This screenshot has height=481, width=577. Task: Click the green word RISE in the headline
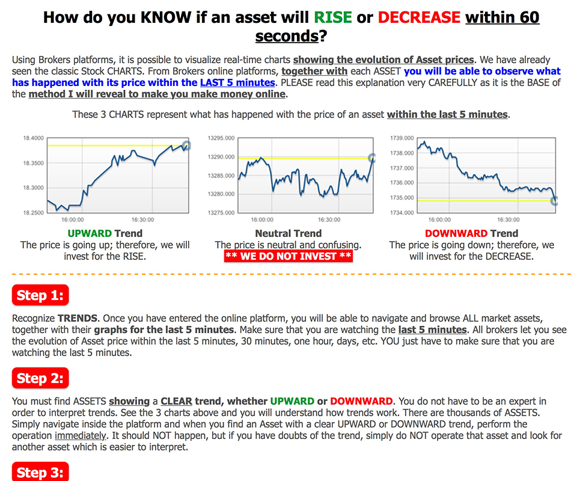pyautogui.click(x=332, y=17)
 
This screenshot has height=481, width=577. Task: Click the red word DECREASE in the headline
pyautogui.click(x=419, y=17)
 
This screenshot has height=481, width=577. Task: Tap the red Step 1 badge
pyautogui.click(x=40, y=295)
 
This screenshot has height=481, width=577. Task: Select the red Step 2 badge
pyautogui.click(x=40, y=378)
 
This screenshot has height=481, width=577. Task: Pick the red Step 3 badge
pyautogui.click(x=40, y=472)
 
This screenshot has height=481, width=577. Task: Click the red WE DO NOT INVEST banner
pyautogui.click(x=288, y=256)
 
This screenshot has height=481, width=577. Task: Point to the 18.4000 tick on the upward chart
pyautogui.click(x=34, y=138)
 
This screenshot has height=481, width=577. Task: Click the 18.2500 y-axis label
pyautogui.click(x=34, y=213)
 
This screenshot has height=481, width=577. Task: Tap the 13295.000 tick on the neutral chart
pyautogui.click(x=221, y=138)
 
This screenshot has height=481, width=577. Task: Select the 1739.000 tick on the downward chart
pyautogui.click(x=402, y=138)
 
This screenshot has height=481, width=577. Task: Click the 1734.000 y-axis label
pyautogui.click(x=402, y=213)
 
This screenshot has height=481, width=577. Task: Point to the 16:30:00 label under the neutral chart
pyautogui.click(x=329, y=219)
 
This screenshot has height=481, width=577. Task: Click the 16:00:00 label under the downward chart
pyautogui.click(x=439, y=219)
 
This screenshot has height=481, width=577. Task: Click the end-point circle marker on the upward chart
pyautogui.click(x=186, y=146)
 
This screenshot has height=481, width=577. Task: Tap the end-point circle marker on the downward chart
pyautogui.click(x=555, y=201)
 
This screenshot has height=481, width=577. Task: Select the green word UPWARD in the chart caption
pyautogui.click(x=90, y=233)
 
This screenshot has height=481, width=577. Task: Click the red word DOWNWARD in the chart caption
pyautogui.click(x=456, y=233)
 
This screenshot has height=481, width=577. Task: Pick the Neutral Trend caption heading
pyautogui.click(x=288, y=233)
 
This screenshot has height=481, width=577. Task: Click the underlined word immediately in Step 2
pyautogui.click(x=81, y=436)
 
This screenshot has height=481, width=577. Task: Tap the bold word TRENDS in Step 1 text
pyautogui.click(x=78, y=318)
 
